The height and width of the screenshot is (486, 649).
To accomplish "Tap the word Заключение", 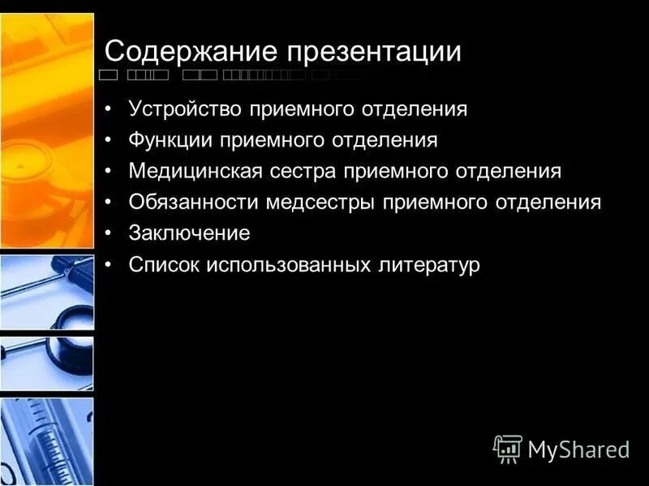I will tap(189, 234).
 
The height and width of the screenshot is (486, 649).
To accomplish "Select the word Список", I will tap(163, 265).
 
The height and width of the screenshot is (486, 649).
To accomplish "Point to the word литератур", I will tap(428, 265).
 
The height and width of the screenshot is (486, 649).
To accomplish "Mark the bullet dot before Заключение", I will tap(110, 234).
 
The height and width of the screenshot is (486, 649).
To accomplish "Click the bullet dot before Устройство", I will tap(110, 109).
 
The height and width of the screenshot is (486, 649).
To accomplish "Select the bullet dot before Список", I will tap(110, 265).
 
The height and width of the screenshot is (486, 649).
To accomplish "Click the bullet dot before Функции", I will tap(110, 140).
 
